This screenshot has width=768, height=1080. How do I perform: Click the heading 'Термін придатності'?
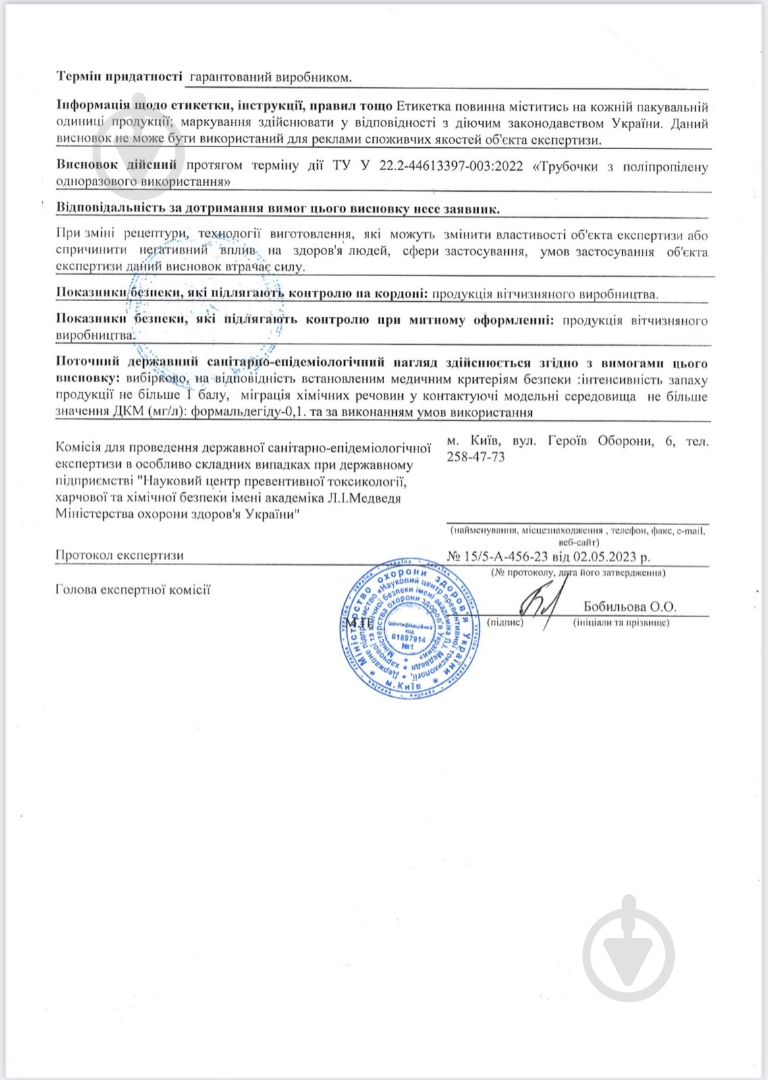119,76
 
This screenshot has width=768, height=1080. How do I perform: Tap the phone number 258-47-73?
476,457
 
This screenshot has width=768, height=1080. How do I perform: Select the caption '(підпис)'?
505,622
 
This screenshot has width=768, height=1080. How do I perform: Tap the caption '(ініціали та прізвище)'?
621,622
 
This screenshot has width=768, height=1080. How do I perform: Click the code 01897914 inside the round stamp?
409,638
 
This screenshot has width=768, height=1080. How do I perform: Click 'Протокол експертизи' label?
119,556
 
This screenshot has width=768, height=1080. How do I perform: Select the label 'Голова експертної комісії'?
133,590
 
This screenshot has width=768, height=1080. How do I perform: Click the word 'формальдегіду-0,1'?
247,412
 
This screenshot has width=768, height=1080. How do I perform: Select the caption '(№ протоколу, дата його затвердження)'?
578,572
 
